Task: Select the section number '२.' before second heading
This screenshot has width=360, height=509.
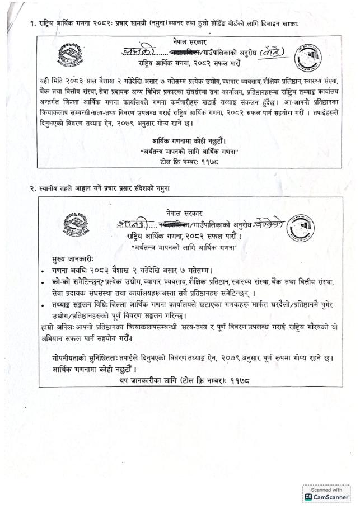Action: (33, 188)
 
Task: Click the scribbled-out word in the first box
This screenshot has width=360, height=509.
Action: (163, 51)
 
